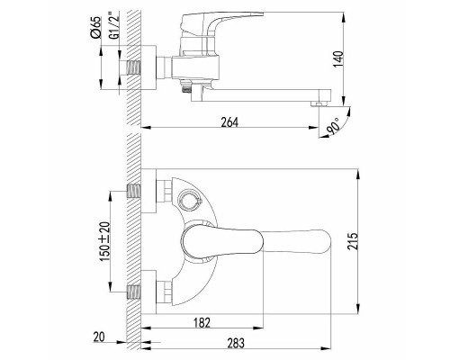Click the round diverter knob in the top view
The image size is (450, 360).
(x=189, y=200)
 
